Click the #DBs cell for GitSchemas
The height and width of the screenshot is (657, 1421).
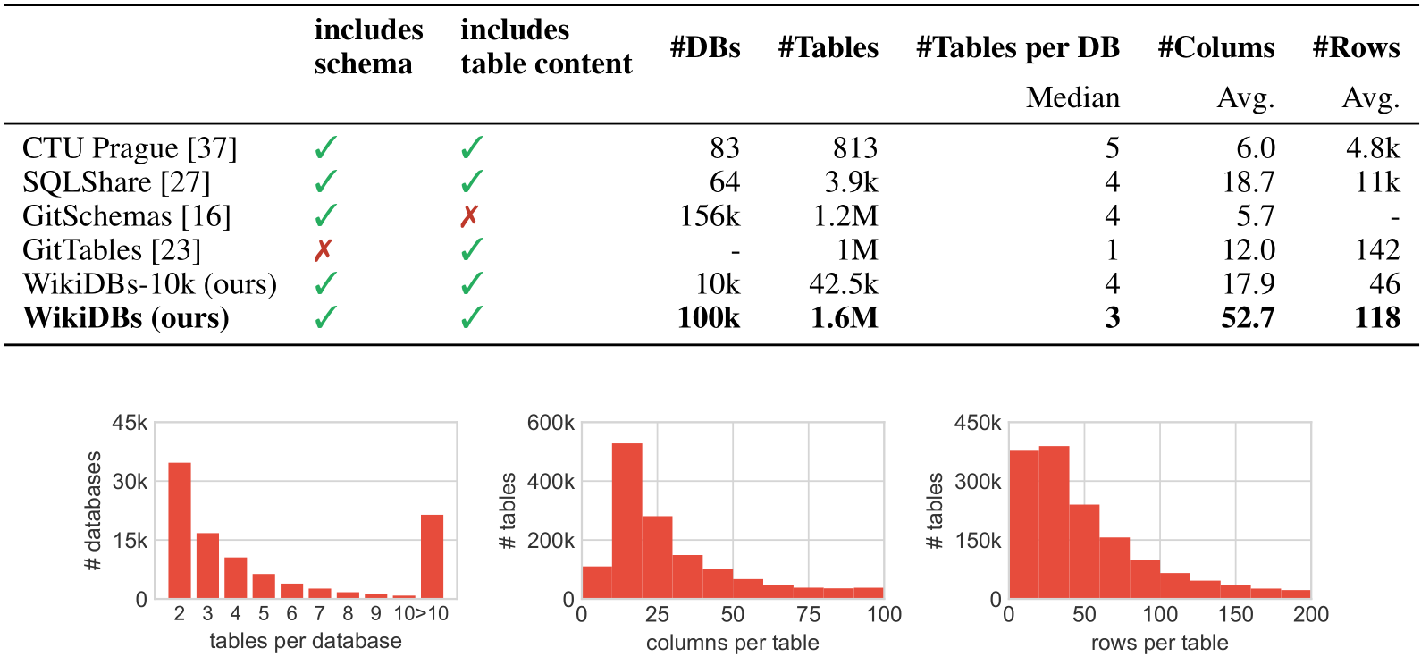tap(710, 216)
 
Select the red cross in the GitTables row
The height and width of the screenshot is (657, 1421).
tap(323, 250)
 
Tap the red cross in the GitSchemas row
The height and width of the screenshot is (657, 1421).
tap(469, 216)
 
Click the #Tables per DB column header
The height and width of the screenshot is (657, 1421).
tap(1018, 47)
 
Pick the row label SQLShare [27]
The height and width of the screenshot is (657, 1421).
tap(116, 182)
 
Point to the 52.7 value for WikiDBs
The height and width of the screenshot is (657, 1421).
tap(1248, 317)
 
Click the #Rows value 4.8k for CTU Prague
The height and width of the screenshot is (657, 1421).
tap(1373, 148)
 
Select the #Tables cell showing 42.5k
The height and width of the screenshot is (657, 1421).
tap(844, 283)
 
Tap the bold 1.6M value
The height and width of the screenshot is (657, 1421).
tap(845, 317)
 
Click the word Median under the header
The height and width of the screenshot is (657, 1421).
tap(1072, 97)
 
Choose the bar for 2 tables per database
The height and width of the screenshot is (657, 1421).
tap(180, 531)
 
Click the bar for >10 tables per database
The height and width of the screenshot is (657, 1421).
tap(432, 557)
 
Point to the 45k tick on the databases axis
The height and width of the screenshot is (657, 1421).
tap(130, 423)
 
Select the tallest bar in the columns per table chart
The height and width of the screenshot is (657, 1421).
tap(626, 520)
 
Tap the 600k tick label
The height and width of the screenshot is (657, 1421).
tap(551, 423)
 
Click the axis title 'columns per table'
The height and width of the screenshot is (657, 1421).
tap(733, 643)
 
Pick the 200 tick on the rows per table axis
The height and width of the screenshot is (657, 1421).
tap(1310, 614)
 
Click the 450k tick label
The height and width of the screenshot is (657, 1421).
tap(978, 423)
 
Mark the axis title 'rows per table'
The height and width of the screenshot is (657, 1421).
tap(1160, 643)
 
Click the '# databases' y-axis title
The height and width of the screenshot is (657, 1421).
tap(93, 511)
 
